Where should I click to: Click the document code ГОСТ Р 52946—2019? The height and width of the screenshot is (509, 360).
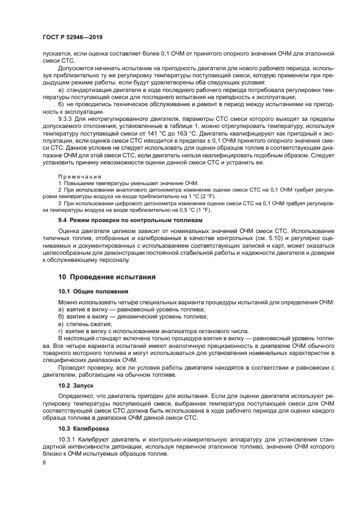click(72, 37)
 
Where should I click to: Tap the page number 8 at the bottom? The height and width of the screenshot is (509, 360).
click(44, 462)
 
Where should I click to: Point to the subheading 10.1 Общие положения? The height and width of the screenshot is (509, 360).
click(93, 291)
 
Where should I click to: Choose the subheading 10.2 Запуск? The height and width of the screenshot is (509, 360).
click(80, 384)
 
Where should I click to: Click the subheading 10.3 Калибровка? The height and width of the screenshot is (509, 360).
click(86, 428)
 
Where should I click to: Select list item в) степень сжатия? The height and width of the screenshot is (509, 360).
click(81, 323)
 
